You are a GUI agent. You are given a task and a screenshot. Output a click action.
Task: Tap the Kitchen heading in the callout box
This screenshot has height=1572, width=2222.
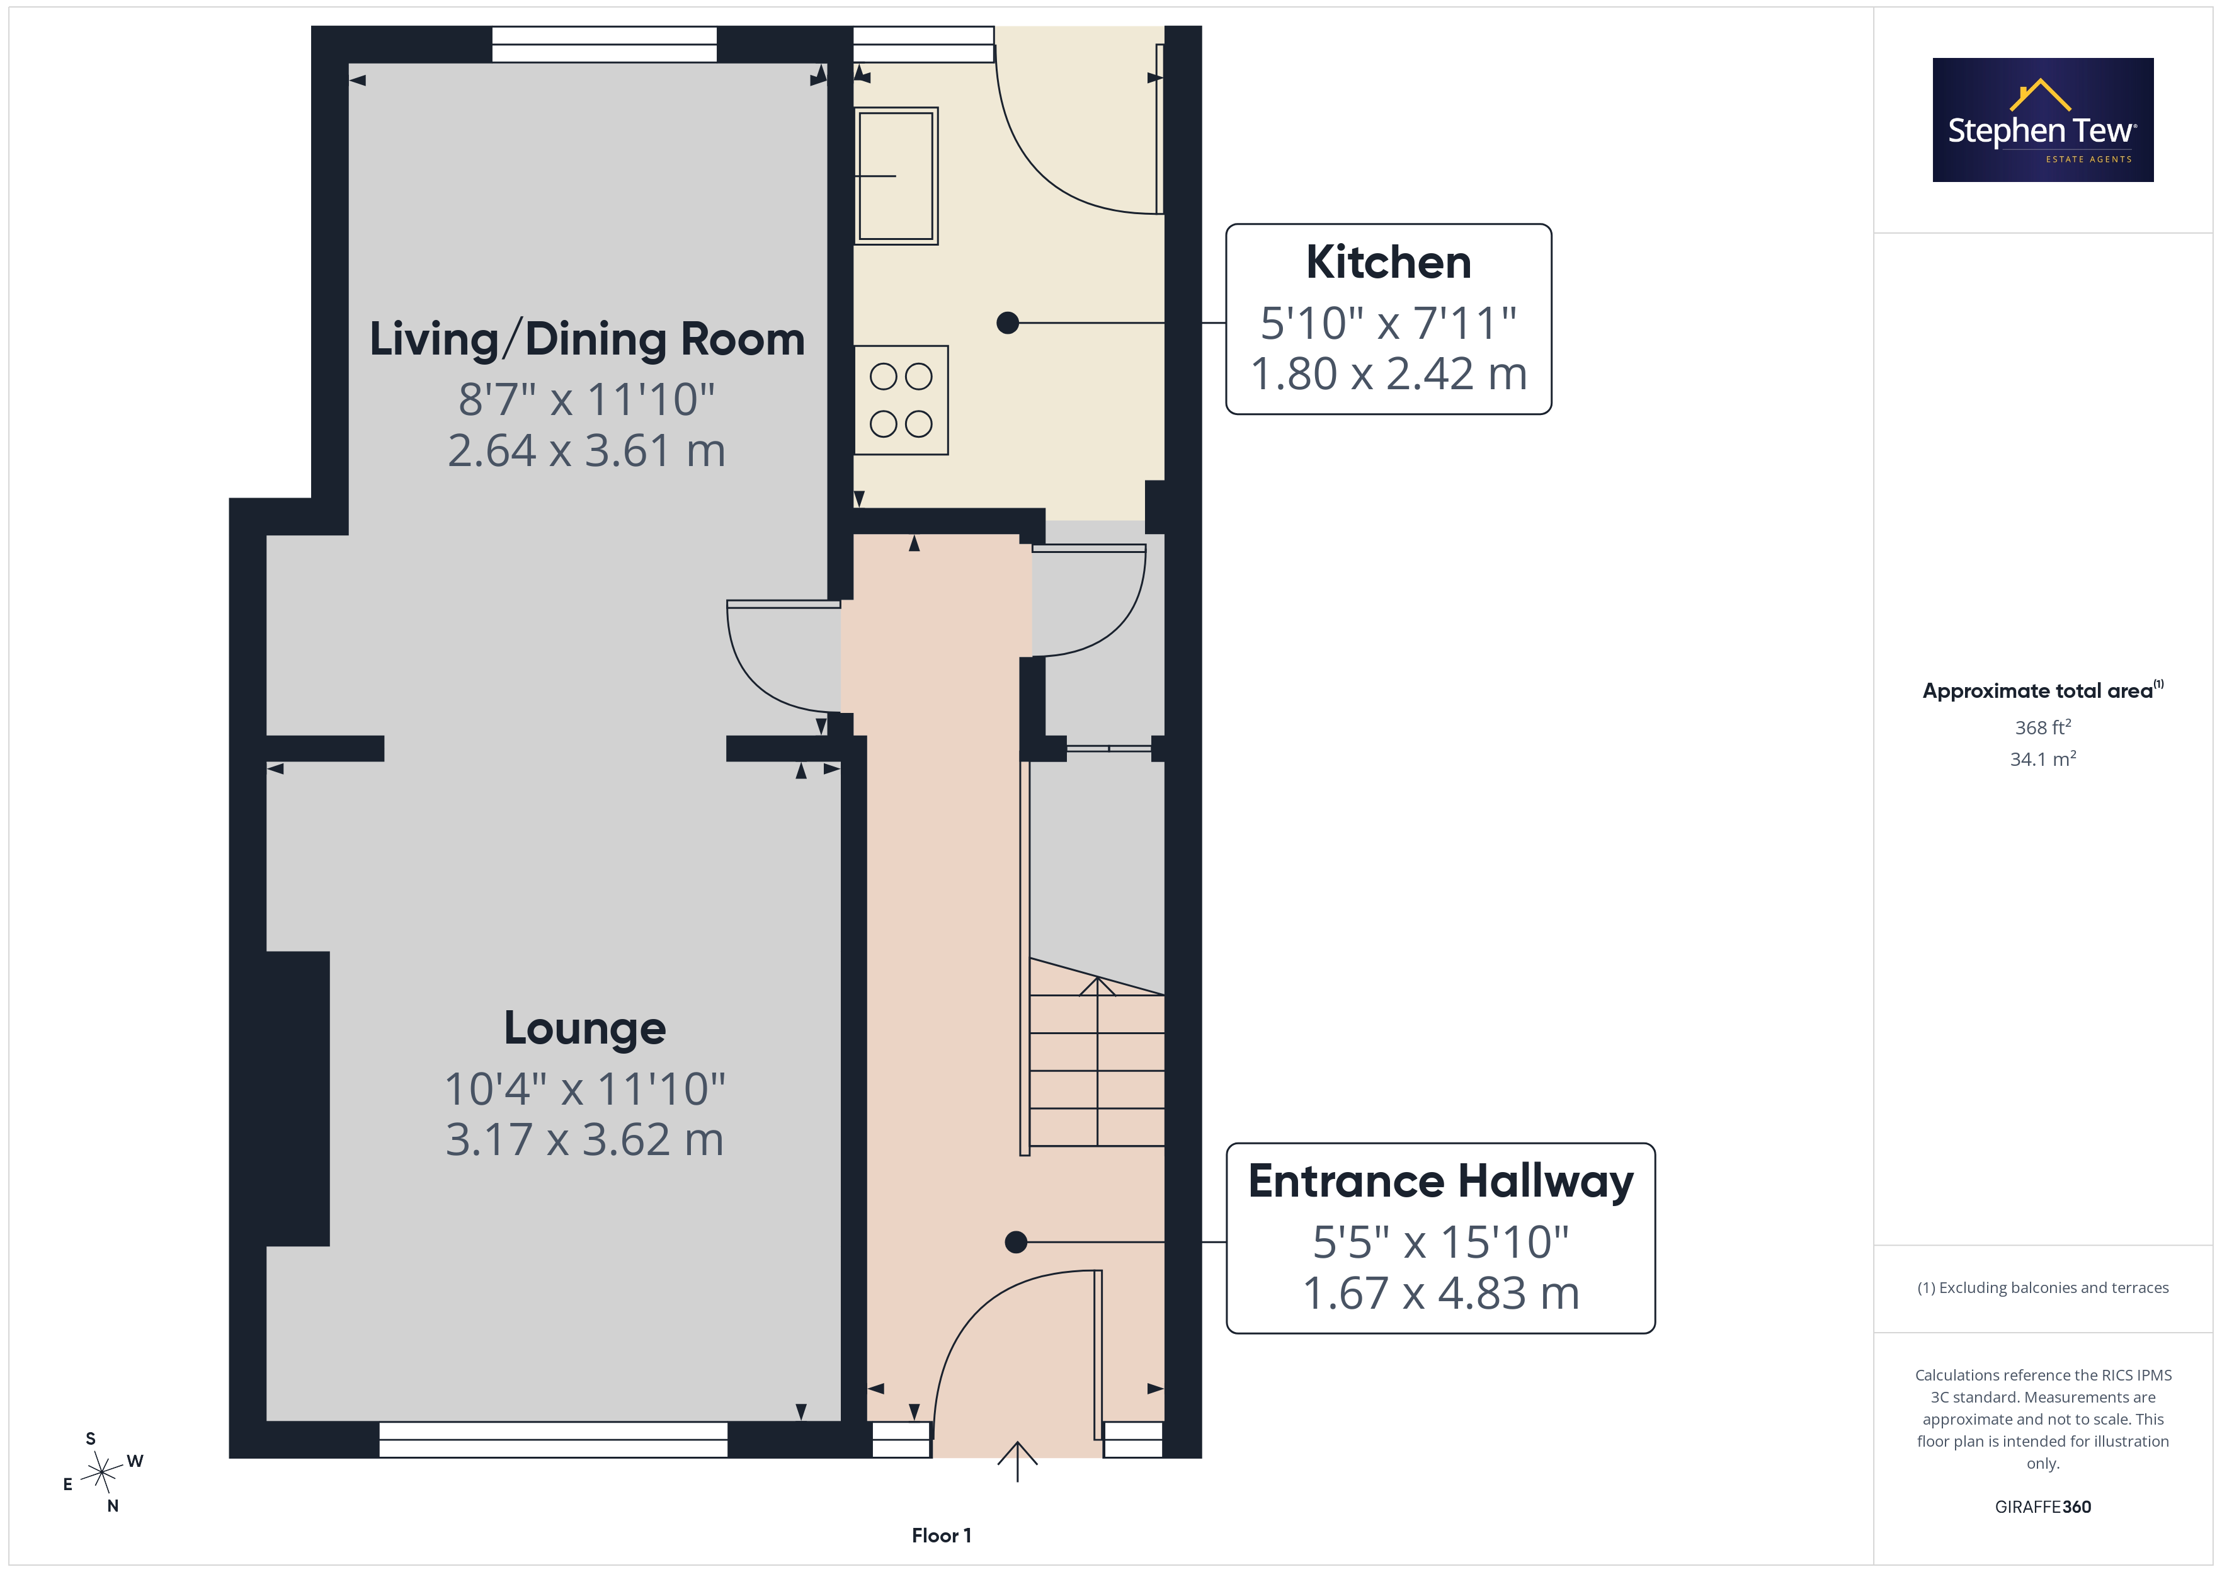[x=1389, y=263]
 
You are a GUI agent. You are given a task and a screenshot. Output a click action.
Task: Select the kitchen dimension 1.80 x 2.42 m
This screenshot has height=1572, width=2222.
[x=1389, y=373]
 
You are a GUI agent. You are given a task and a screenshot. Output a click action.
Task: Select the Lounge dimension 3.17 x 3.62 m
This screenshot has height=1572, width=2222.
[x=584, y=1139]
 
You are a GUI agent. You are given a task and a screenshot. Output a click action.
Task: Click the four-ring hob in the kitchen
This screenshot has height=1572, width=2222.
[x=901, y=400]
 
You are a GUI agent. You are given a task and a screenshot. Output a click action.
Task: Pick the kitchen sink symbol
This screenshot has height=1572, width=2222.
[x=896, y=175]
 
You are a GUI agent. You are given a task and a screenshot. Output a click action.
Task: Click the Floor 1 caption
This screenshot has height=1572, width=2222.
[x=942, y=1535]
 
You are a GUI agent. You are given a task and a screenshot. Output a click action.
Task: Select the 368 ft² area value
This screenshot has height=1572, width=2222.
[x=2043, y=727]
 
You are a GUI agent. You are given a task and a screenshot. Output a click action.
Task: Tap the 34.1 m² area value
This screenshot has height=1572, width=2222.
[x=2043, y=759]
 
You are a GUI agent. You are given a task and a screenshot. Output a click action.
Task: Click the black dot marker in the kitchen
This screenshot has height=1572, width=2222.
[x=1008, y=323]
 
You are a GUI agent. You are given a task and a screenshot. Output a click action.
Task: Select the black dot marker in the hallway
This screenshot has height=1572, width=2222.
[x=1015, y=1242]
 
